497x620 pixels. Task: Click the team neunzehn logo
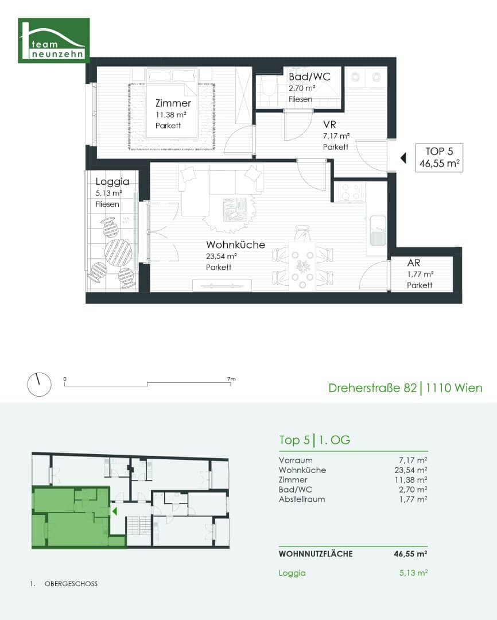click(x=54, y=40)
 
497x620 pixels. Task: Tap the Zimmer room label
click(x=173, y=103)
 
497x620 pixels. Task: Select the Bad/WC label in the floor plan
click(x=309, y=77)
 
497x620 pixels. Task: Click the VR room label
click(x=329, y=125)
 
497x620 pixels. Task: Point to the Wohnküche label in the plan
click(x=235, y=245)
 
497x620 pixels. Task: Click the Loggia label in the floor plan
click(x=112, y=182)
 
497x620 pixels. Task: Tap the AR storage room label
click(x=414, y=263)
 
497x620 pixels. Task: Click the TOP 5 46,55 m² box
click(x=439, y=158)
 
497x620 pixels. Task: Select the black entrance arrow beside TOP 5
click(x=403, y=158)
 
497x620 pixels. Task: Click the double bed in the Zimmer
click(x=172, y=103)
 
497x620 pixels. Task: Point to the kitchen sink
click(x=378, y=231)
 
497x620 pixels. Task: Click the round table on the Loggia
click(x=118, y=253)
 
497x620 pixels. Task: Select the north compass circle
click(x=39, y=384)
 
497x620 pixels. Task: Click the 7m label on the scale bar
click(x=231, y=379)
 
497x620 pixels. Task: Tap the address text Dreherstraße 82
click(x=372, y=388)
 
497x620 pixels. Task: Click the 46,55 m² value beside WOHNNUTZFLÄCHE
click(x=410, y=554)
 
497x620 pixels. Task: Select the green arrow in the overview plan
click(x=115, y=511)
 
